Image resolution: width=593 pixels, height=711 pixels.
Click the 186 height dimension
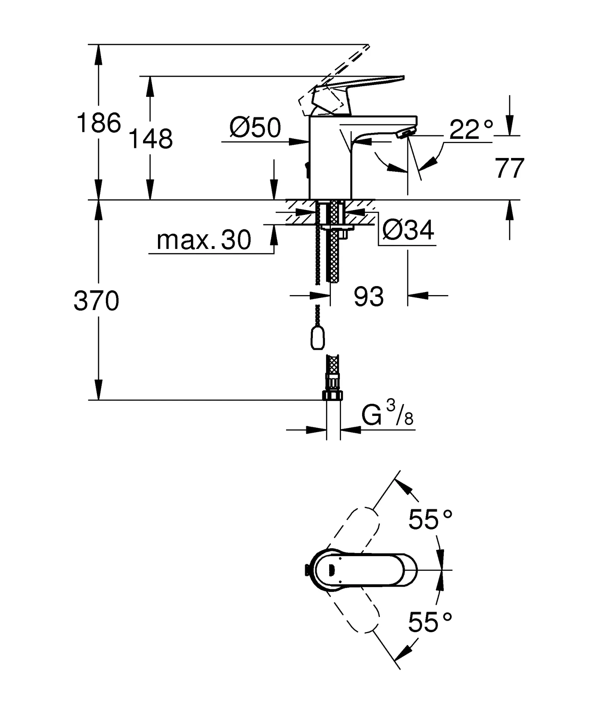click(99, 123)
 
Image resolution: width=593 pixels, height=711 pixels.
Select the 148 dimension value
click(150, 139)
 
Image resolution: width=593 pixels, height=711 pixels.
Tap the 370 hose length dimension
click(97, 301)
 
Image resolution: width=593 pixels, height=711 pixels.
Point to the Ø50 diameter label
click(255, 128)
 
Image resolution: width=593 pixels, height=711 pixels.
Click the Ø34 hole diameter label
click(408, 230)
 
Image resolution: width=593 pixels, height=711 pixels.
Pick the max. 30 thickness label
click(204, 240)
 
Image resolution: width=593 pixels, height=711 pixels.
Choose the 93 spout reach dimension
click(369, 296)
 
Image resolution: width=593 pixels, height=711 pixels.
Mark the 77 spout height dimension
click(509, 168)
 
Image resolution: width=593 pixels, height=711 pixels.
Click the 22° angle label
click(471, 129)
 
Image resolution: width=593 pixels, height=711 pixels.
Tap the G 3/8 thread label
click(387, 415)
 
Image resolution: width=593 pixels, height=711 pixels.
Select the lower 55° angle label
click(430, 622)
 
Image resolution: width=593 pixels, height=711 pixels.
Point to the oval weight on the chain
click(317, 338)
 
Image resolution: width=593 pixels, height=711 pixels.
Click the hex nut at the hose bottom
click(333, 395)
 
